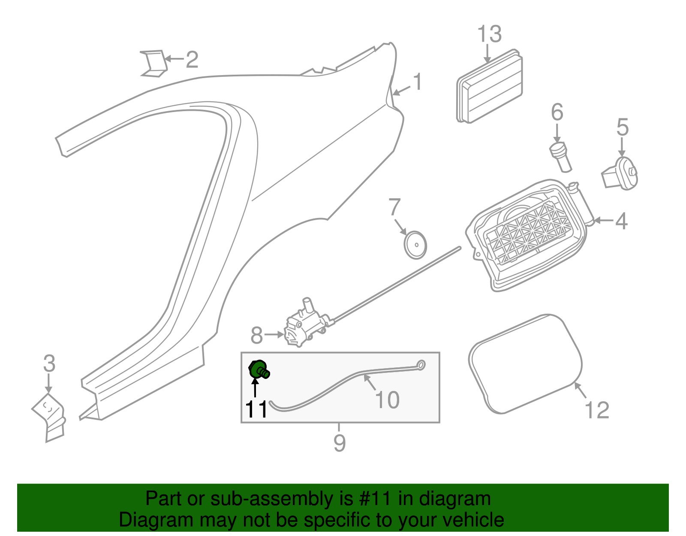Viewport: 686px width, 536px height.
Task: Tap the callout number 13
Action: [x=489, y=34]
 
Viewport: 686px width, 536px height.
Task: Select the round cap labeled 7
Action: [x=415, y=245]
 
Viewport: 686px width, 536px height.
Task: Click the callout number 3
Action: [x=49, y=364]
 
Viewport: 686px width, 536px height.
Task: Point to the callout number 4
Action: [x=621, y=221]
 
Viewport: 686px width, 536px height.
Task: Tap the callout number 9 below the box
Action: [x=339, y=442]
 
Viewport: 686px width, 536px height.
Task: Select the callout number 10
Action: [x=387, y=400]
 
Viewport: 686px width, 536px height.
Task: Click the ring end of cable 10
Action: [x=421, y=365]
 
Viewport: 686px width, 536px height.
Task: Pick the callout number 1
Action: [x=417, y=82]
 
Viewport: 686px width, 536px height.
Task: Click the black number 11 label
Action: [x=256, y=409]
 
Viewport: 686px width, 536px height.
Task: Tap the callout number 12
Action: [x=597, y=410]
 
